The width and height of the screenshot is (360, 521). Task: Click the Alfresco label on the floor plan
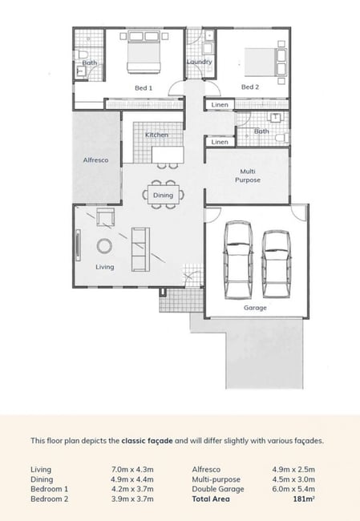95,160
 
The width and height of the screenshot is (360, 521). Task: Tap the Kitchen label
156,135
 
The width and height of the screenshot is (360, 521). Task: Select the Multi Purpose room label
248,176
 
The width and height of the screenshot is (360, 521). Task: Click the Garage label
255,308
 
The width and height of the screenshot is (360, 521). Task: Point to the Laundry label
199,62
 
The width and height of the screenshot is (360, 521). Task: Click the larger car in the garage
238,260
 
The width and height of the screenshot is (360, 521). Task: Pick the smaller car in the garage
277,264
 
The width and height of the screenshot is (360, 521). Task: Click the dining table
164,195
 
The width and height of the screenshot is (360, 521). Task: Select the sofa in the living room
140,249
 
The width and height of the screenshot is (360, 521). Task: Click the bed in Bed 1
144,52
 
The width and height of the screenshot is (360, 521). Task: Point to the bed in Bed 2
265,63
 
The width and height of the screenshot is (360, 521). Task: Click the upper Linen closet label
220,105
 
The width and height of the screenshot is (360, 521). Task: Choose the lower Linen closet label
220,142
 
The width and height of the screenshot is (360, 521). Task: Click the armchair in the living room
106,217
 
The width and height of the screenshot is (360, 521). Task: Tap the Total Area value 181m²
304,499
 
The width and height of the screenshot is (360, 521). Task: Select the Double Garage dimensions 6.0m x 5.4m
293,489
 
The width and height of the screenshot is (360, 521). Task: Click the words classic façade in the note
147,441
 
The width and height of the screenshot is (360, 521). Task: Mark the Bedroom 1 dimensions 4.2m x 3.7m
132,489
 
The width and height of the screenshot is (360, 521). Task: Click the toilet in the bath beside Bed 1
80,55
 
